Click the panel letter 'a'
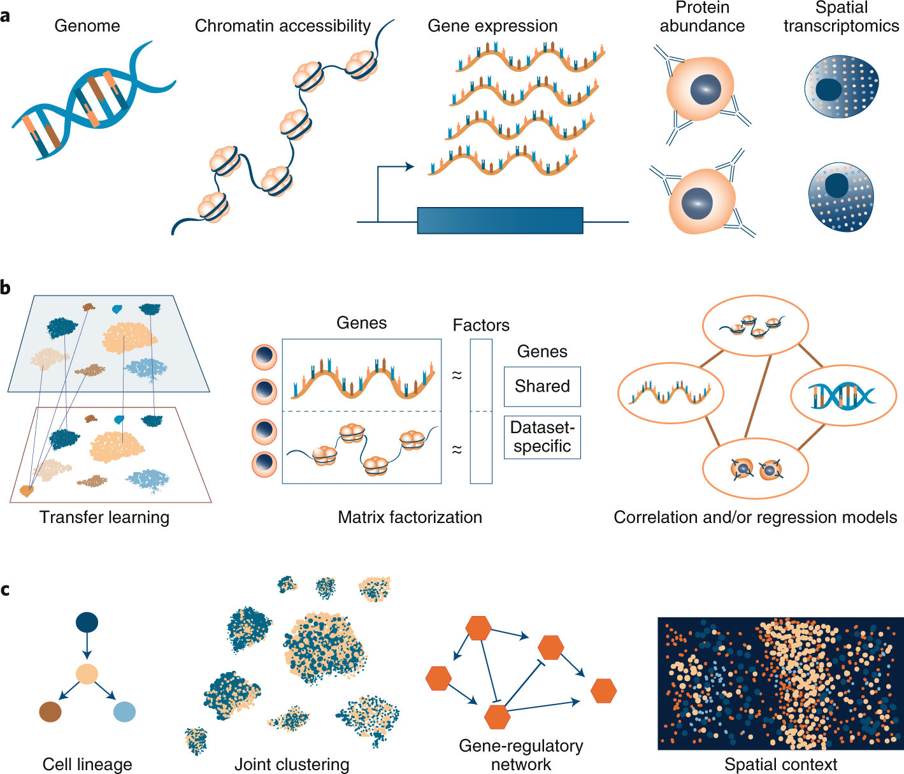pyautogui.click(x=6, y=15)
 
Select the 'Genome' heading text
pyautogui.click(x=87, y=26)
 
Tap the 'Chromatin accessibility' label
pyautogui.click(x=282, y=26)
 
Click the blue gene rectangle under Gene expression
pyautogui.click(x=500, y=220)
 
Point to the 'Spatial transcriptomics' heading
pyautogui.click(x=841, y=17)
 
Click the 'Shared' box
pyautogui.click(x=542, y=387)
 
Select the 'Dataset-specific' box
pyautogui.click(x=542, y=437)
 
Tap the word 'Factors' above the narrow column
pyautogui.click(x=481, y=326)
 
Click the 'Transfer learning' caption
pyautogui.click(x=104, y=517)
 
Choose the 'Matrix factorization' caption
pyautogui.click(x=410, y=517)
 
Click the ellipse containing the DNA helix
pyautogui.click(x=843, y=396)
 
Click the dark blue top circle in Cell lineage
pyautogui.click(x=87, y=622)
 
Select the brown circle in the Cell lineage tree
pyautogui.click(x=50, y=712)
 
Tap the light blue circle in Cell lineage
pyautogui.click(x=124, y=712)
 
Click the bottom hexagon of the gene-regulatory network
pyautogui.click(x=498, y=717)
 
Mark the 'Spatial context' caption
pyautogui.click(x=780, y=764)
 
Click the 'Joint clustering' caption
pyautogui.click(x=292, y=764)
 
